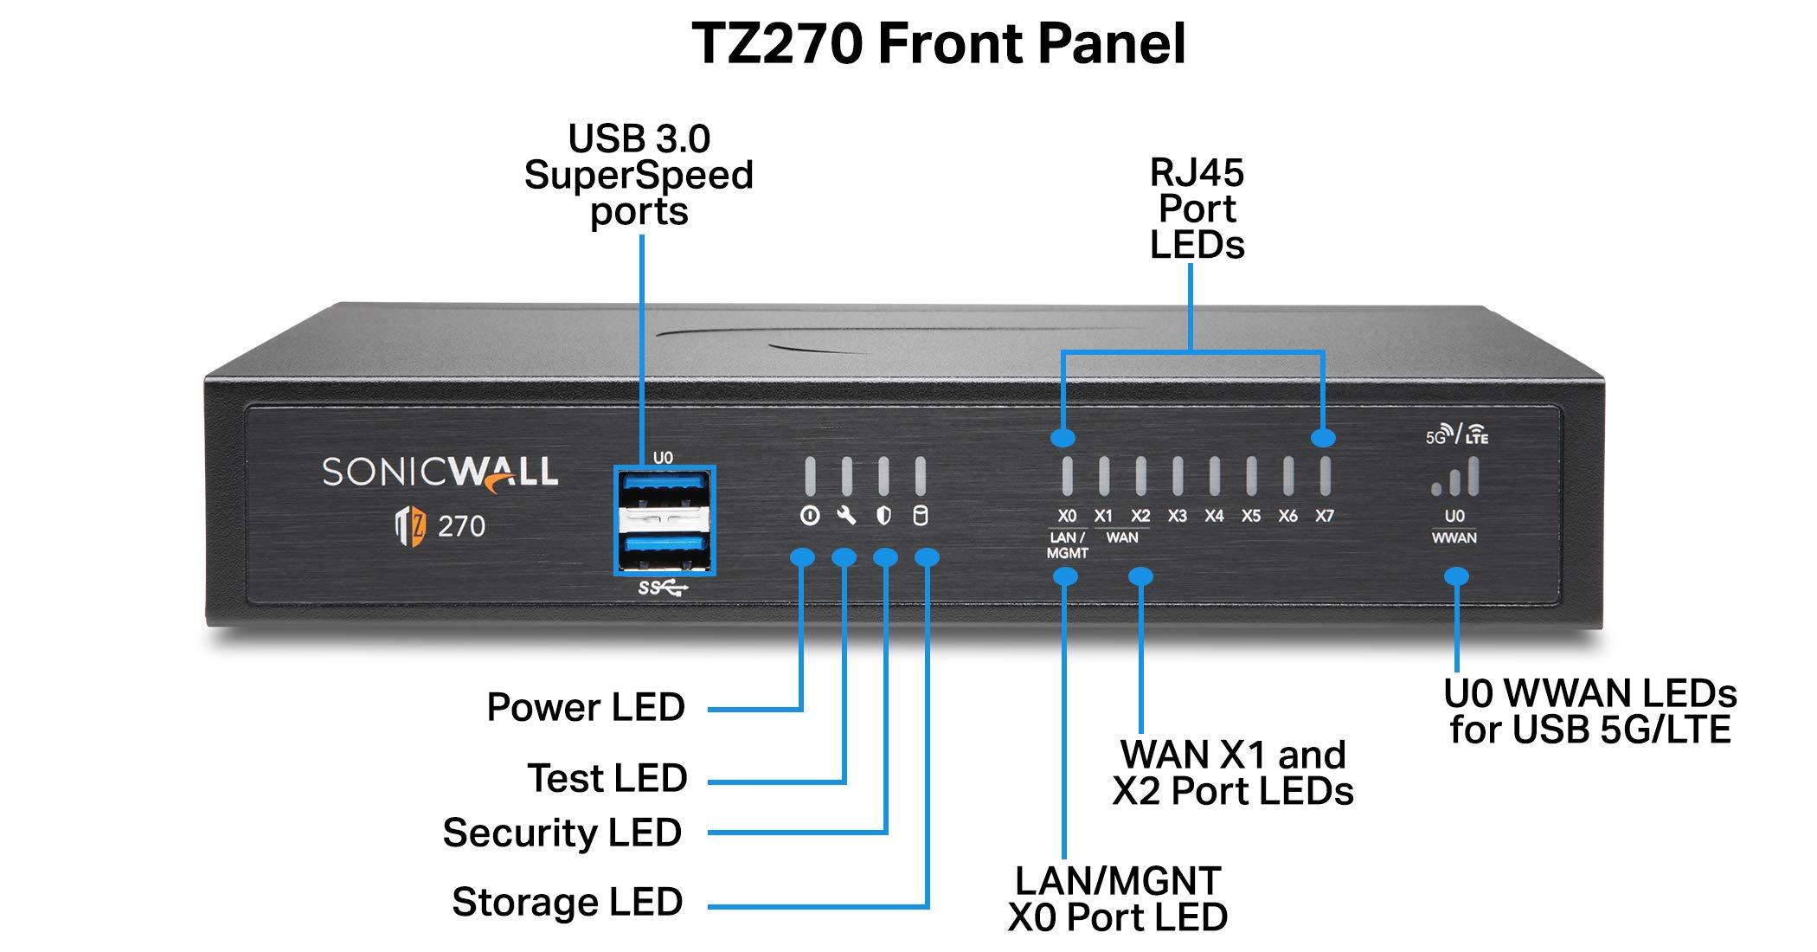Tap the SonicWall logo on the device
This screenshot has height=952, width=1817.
[x=440, y=473]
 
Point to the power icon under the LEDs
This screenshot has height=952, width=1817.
[x=809, y=517]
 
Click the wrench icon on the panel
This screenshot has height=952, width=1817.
[x=846, y=517]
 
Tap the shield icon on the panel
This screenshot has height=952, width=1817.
[x=883, y=517]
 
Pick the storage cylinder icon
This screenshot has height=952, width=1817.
[x=921, y=517]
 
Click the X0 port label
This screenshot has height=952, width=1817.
[x=1067, y=516]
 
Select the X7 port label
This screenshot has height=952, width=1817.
[x=1324, y=516]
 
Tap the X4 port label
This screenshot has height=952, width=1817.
[x=1214, y=516]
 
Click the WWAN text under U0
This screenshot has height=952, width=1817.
[x=1454, y=538]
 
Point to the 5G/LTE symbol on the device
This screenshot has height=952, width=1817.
[x=1457, y=435]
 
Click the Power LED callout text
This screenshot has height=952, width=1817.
[x=586, y=707]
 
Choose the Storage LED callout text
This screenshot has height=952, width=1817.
[x=568, y=902]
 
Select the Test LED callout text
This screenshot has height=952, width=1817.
[x=607, y=778]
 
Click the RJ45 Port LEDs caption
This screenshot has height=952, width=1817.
[x=1197, y=209]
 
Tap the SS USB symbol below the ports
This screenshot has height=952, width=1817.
[x=663, y=589]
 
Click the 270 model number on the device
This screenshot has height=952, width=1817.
[x=461, y=526]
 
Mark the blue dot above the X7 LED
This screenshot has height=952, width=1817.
[x=1323, y=438]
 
